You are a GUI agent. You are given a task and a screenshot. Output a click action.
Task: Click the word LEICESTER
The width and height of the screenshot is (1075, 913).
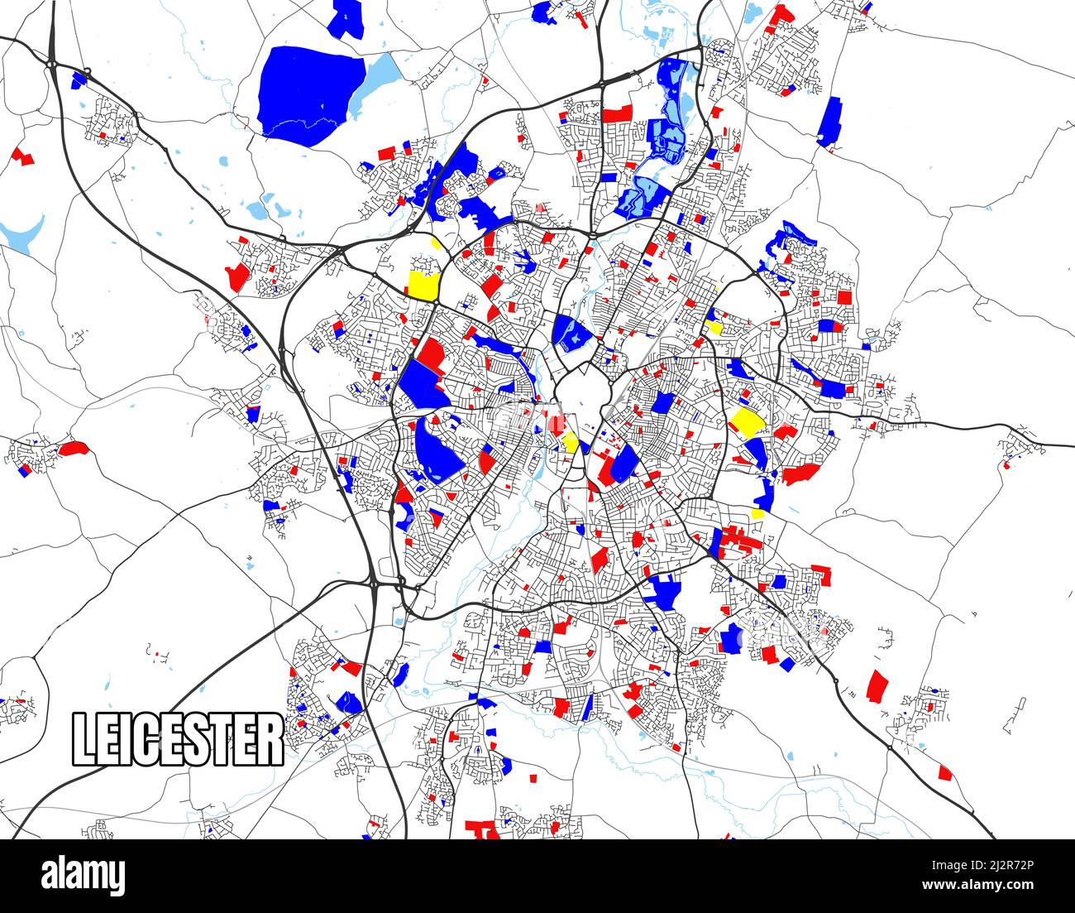click(x=178, y=738)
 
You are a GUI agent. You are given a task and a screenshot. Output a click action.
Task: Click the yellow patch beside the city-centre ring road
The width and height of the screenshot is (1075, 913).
click(x=570, y=441)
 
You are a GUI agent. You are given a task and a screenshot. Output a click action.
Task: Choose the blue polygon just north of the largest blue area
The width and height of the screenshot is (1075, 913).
click(x=346, y=17)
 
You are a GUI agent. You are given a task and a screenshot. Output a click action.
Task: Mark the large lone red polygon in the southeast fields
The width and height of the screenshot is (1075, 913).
click(x=877, y=685)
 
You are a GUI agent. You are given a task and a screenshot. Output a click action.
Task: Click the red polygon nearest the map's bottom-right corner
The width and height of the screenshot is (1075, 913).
click(x=945, y=772)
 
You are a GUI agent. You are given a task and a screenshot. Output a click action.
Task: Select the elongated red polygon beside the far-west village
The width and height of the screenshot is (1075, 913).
click(x=73, y=448)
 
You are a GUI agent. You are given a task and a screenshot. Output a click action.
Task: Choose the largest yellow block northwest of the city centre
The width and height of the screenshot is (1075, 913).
click(x=423, y=283)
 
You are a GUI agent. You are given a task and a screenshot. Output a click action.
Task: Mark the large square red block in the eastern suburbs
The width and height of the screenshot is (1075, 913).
click(x=843, y=296)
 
